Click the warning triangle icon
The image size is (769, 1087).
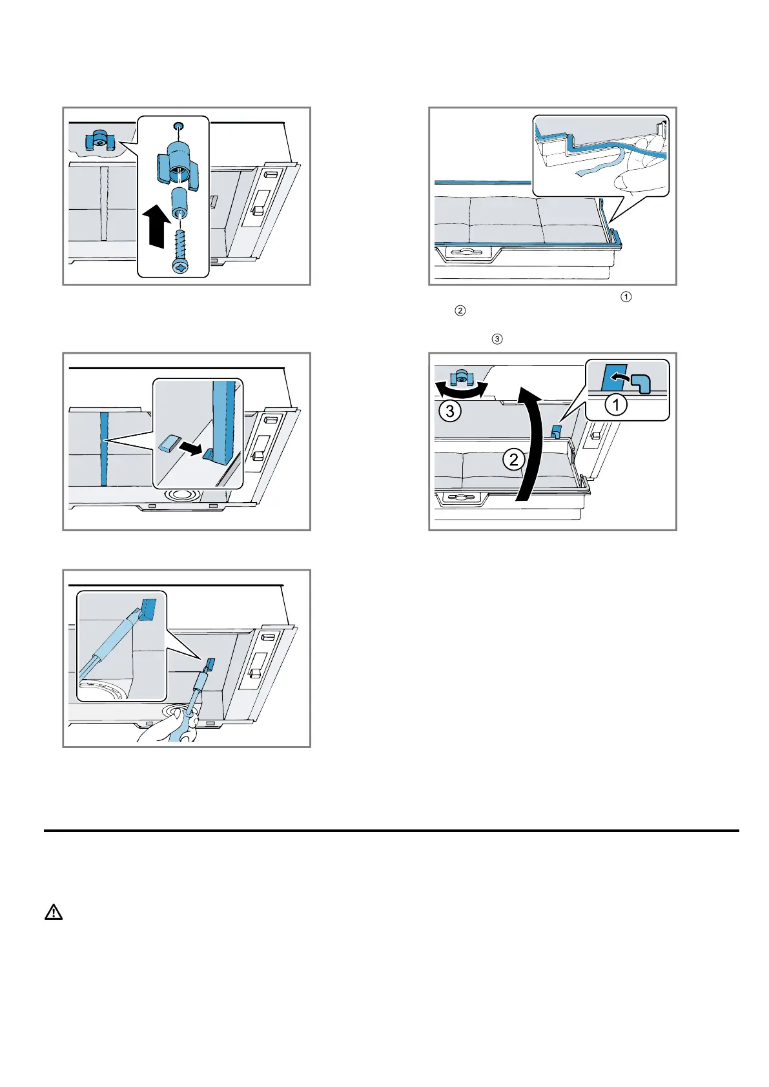click(54, 912)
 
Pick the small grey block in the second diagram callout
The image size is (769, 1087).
click(170, 442)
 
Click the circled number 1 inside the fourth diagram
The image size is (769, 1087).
click(616, 405)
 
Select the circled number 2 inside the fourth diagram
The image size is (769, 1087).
click(514, 460)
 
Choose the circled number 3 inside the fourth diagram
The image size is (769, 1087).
click(449, 411)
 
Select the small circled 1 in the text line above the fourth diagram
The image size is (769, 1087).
click(625, 297)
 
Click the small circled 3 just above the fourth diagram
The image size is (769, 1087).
click(497, 339)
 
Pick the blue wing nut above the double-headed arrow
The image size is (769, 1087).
click(462, 376)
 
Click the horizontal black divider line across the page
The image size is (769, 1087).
click(391, 831)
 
